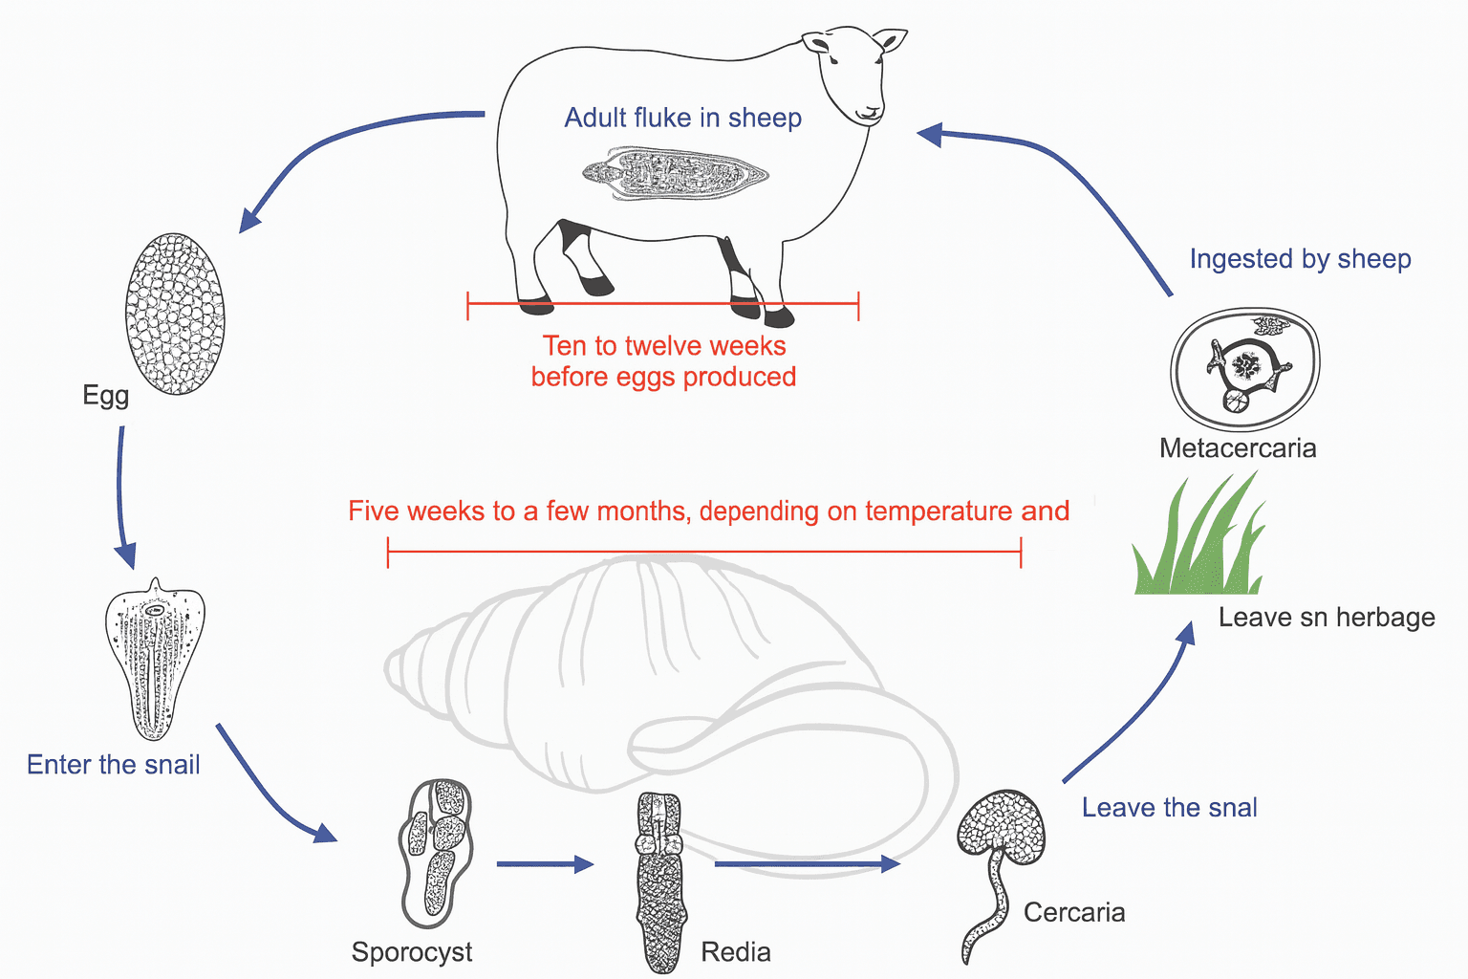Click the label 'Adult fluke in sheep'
(x=682, y=118)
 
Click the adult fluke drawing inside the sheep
(x=675, y=173)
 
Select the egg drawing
(x=175, y=314)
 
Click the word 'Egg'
(x=105, y=395)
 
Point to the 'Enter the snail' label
(x=113, y=765)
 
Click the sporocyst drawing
(x=436, y=851)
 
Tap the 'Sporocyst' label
(x=412, y=952)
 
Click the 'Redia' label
(x=736, y=952)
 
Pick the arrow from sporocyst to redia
(x=545, y=864)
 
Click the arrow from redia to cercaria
(x=807, y=864)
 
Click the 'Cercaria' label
(x=1074, y=913)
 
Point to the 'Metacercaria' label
(x=1238, y=448)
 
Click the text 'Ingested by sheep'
(x=1300, y=259)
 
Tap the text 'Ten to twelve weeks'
(x=664, y=346)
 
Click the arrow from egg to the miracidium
(x=122, y=497)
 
